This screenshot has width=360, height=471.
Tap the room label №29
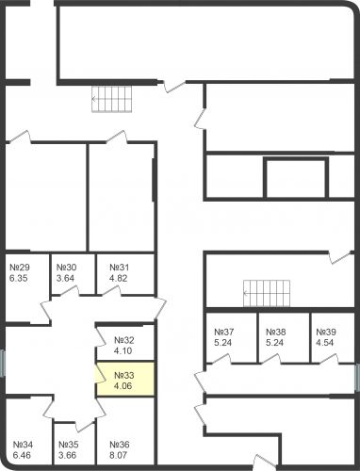[x=19, y=267]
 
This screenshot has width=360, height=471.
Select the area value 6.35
[x=19, y=278]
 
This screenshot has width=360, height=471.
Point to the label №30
[x=65, y=267]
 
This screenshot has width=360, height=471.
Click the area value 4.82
[x=119, y=278]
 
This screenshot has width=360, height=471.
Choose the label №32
[x=124, y=340]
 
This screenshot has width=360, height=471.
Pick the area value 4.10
[x=124, y=351]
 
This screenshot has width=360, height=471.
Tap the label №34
[x=23, y=445]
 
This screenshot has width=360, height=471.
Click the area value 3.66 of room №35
[x=68, y=456]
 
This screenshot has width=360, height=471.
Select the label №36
[x=120, y=445]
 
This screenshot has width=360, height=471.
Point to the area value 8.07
[x=120, y=456]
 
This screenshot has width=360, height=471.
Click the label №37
[x=224, y=332]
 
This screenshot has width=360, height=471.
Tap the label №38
[x=276, y=332]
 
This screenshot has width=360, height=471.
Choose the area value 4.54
[x=326, y=343]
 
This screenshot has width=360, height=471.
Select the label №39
[x=326, y=332]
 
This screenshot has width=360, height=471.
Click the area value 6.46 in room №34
[x=23, y=456]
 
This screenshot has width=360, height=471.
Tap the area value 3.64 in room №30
[x=65, y=278]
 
